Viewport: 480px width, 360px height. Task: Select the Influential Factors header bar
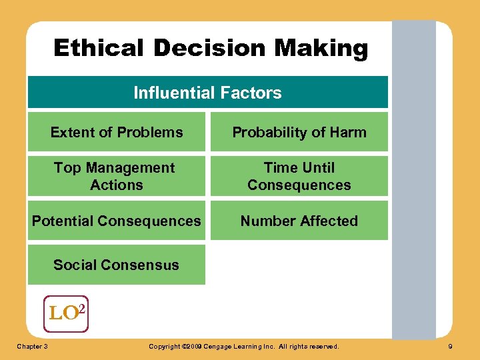point(207,93)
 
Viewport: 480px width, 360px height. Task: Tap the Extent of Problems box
point(117,132)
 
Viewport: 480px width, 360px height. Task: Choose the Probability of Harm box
point(299,132)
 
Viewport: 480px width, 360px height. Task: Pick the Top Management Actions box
point(117,176)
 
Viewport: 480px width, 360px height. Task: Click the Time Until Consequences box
point(299,176)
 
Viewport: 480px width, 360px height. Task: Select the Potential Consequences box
point(117,221)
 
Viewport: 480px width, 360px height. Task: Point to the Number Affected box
point(299,221)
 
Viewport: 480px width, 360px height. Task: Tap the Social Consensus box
point(117,265)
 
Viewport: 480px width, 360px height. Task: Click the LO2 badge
point(65,313)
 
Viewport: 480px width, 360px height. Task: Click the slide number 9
point(451,347)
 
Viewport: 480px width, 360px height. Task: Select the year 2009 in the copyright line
point(193,347)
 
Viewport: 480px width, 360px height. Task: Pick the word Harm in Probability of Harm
point(349,132)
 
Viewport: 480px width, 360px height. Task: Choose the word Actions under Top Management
point(117,185)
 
